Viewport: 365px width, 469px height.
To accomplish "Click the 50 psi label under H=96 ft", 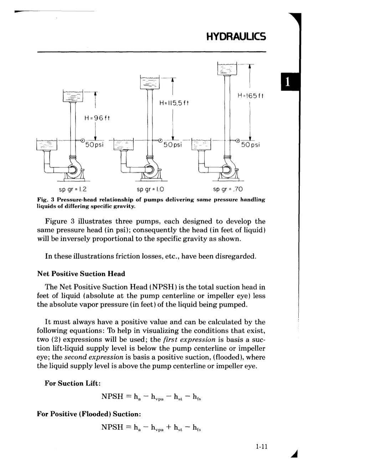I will point(94,145).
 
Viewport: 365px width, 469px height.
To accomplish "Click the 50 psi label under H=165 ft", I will point(251,145).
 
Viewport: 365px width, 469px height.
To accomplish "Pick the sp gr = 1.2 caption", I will point(73,189).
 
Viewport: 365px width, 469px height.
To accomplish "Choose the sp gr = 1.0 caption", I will point(150,189).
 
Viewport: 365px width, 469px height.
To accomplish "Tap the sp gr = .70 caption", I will point(227,189).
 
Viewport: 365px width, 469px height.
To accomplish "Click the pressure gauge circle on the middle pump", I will point(160,140).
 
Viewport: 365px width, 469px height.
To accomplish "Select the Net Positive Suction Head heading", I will point(81,274).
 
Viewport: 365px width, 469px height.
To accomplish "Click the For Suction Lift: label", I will point(72,383).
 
